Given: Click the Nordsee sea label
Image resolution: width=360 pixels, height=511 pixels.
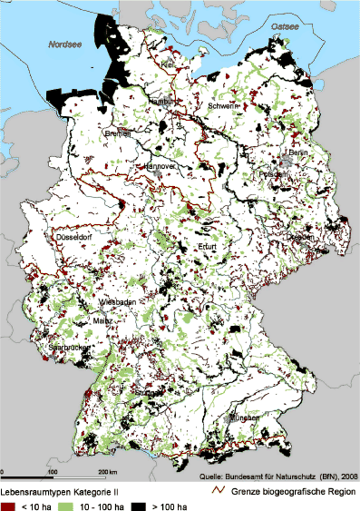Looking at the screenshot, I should [63, 42].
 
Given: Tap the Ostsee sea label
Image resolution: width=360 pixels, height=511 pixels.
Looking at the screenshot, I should [282, 28].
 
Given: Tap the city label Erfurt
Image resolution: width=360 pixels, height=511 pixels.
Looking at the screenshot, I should [209, 247].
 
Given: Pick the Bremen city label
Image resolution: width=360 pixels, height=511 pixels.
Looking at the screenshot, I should [118, 133].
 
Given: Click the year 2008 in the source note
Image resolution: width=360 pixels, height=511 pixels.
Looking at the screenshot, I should [348, 475].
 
